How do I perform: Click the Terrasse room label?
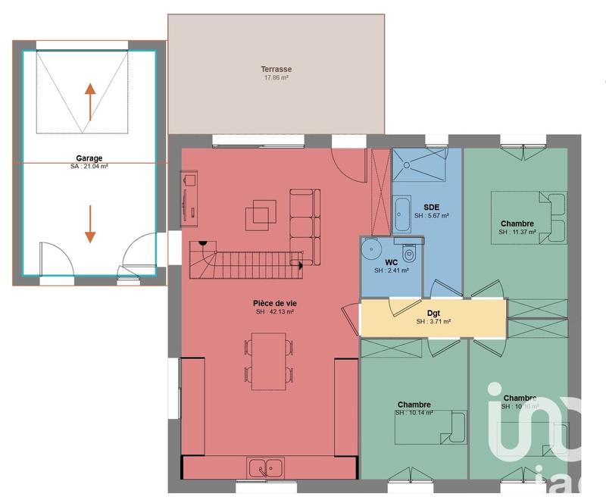click(x=277, y=69)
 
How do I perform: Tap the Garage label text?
click(x=89, y=159)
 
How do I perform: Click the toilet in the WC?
click(x=410, y=251)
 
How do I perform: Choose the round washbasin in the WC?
click(x=370, y=248)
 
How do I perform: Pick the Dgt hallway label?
click(x=433, y=312)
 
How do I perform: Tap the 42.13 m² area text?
click(x=276, y=312)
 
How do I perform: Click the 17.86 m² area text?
click(x=277, y=78)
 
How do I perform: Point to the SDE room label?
click(x=431, y=207)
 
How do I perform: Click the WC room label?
click(x=392, y=262)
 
